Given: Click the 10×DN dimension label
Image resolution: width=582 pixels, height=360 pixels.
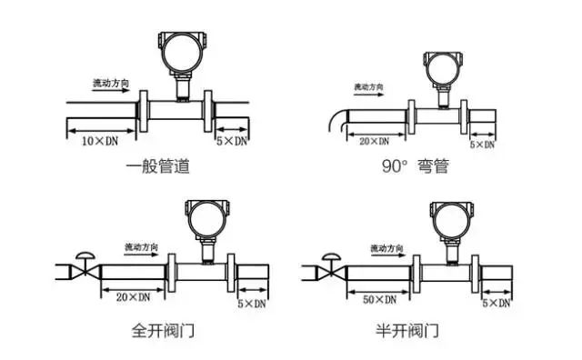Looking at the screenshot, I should point(101,143).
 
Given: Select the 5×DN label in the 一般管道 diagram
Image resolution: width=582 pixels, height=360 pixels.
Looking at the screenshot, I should point(232,143).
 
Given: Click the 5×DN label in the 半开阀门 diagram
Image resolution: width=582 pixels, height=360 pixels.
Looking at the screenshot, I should point(496,301).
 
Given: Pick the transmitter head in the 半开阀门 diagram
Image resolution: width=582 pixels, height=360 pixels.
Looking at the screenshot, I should point(446,218).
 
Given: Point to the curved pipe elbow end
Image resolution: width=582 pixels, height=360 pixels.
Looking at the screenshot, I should point(332,119).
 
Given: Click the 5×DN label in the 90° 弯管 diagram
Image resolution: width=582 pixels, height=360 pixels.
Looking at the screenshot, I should point(482,145).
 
